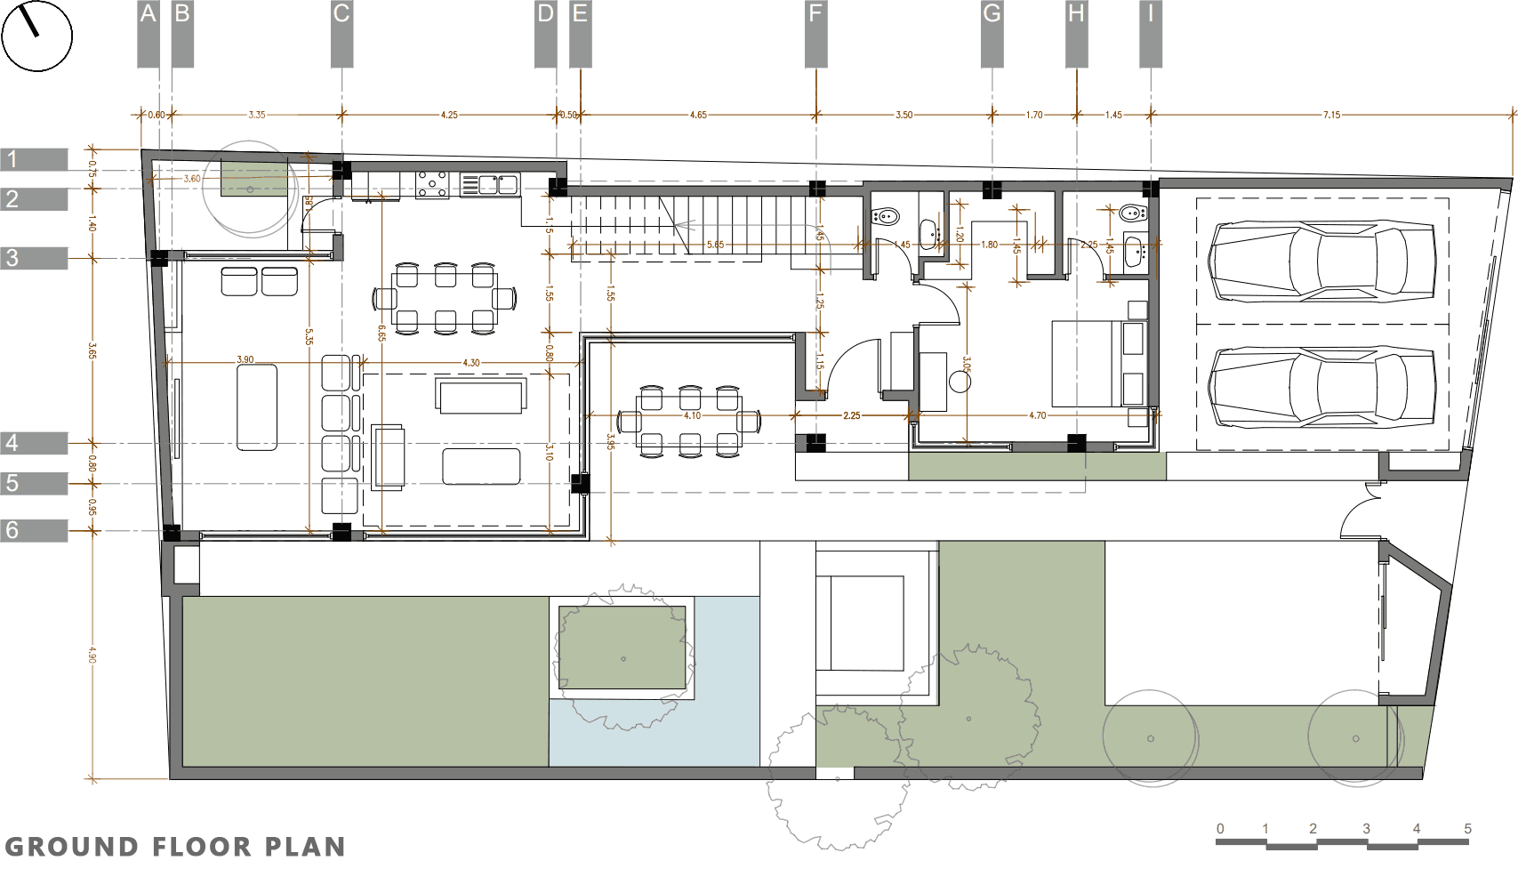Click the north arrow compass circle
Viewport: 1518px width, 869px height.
[36, 36]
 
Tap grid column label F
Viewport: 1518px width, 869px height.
[815, 15]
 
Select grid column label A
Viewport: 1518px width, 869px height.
[148, 15]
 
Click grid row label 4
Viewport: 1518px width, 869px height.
[12, 443]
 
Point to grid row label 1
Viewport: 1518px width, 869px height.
[12, 160]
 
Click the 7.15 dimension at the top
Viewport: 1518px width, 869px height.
[1330, 115]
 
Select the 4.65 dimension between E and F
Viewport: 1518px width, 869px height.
[698, 115]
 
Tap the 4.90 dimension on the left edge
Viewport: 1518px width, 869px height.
[92, 654]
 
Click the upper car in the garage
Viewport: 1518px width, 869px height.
[1321, 262]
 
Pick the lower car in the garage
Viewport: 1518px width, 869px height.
[1321, 386]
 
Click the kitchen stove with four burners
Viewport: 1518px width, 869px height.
[433, 185]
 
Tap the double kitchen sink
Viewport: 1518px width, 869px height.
[489, 185]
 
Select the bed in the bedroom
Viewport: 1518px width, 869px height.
[1087, 363]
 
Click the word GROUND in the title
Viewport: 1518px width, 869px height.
[71, 847]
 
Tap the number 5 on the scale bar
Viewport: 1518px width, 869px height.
[1467, 828]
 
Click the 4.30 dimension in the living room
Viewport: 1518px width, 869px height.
[471, 363]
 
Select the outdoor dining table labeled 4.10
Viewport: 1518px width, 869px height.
[690, 422]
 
